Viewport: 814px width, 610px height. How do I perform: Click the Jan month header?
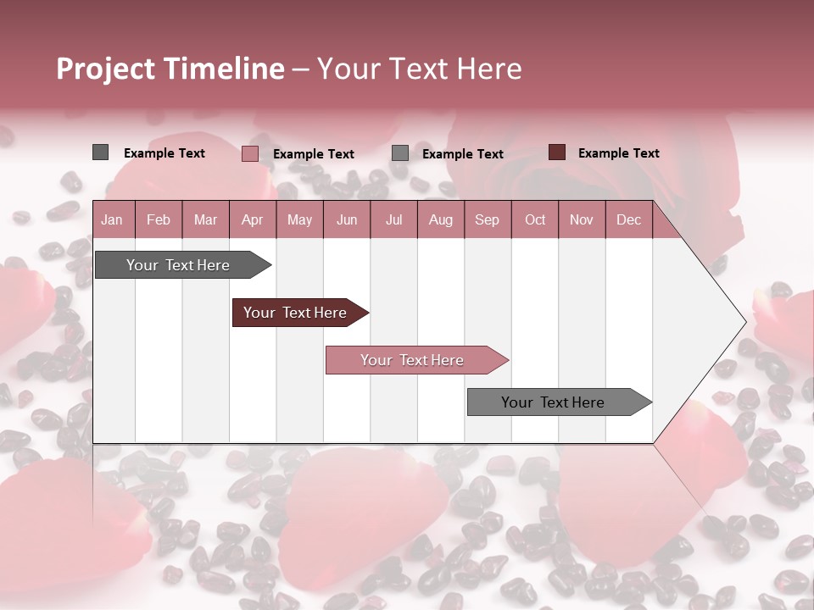point(112,219)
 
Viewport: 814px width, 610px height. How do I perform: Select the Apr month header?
point(253,219)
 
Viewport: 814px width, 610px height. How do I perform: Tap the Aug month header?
point(440,219)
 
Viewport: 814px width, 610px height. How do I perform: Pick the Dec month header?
point(628,219)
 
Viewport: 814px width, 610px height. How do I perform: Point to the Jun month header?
point(347,219)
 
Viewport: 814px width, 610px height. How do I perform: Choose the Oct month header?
point(535,219)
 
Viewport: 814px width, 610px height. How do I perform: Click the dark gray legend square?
point(100,152)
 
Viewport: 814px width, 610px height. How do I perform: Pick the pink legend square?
point(249,153)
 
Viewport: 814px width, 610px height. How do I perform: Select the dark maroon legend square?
point(556,152)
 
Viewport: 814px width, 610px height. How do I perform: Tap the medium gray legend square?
point(400,153)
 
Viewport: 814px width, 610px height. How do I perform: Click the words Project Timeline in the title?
point(170,69)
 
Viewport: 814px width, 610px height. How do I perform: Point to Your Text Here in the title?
point(419,69)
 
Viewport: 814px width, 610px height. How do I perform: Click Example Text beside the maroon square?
point(618,153)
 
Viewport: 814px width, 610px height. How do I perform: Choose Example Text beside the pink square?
point(313,154)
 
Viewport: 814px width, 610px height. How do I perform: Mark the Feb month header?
point(159,219)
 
